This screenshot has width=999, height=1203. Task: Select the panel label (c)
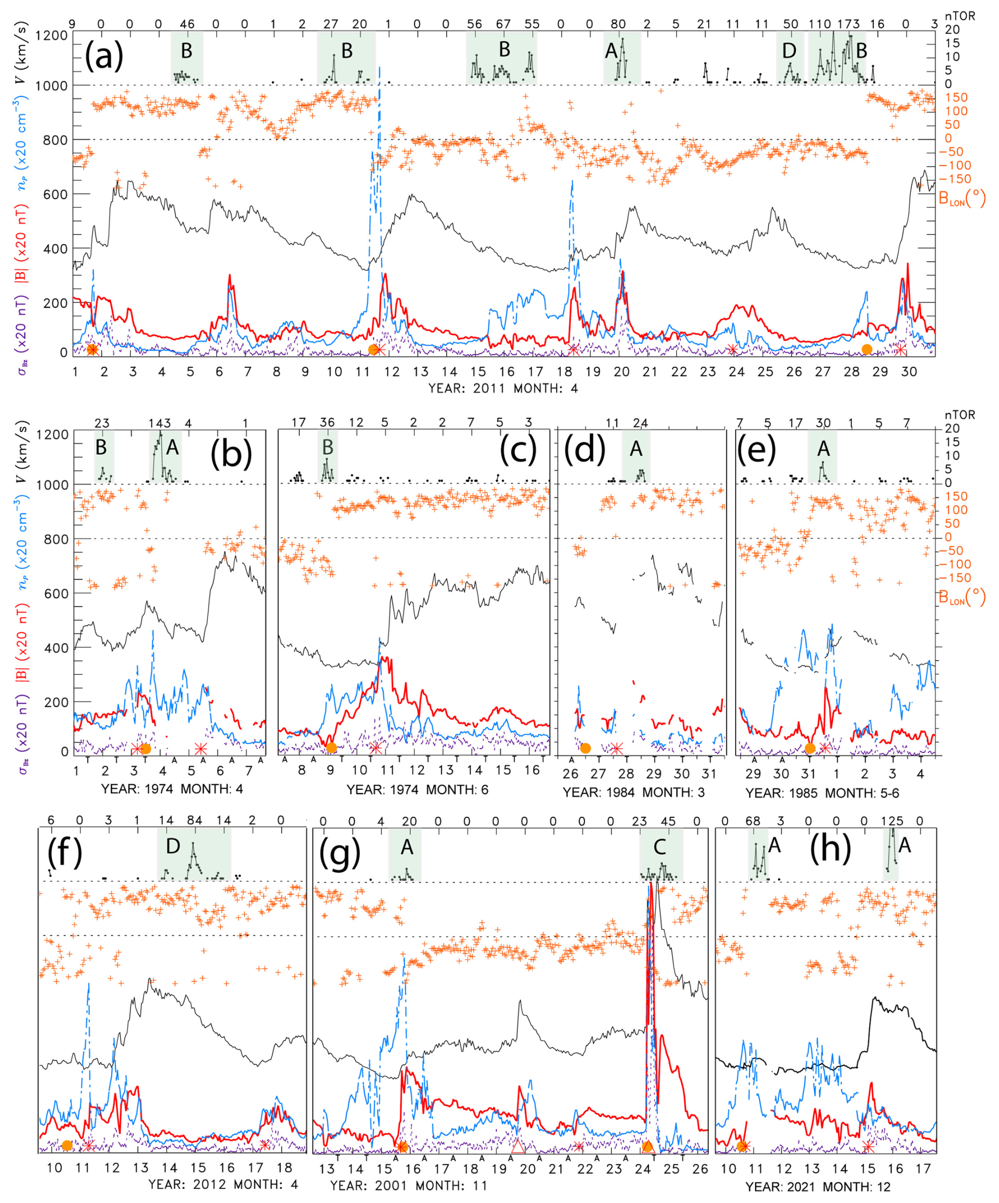(518, 450)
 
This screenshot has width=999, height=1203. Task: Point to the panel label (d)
(585, 450)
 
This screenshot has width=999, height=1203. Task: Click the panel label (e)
(757, 450)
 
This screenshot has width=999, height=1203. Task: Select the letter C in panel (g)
(659, 846)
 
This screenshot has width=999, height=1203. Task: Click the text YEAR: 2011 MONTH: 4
(503, 388)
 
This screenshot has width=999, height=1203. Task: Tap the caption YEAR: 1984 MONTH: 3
(633, 793)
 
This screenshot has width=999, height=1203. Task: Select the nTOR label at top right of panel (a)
(960, 16)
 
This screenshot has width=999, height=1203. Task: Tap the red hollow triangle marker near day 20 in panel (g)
(518, 1145)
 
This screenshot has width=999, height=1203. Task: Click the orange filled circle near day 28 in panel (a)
(866, 349)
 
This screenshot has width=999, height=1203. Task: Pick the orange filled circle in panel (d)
(585, 748)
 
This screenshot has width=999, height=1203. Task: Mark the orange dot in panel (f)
(67, 1145)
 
